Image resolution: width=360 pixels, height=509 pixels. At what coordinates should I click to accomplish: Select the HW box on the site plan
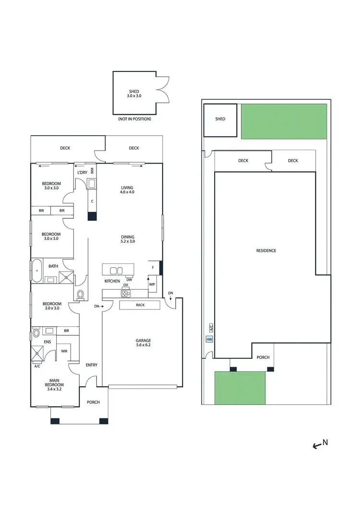[x=209, y=340]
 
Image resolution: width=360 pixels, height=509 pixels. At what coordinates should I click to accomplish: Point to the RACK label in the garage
[x=140, y=305]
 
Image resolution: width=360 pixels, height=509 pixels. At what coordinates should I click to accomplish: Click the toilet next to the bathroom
[x=80, y=294]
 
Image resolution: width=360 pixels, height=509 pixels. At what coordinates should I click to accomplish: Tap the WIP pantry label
[x=152, y=284]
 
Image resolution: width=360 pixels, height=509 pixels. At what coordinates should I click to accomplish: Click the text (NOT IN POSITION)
[x=134, y=119]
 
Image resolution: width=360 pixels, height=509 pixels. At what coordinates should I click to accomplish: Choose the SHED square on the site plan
[x=220, y=119]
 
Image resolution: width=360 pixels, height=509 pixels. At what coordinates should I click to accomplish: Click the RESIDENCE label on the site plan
[x=266, y=251]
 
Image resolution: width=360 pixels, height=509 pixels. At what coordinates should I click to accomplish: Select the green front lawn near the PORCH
[x=240, y=387]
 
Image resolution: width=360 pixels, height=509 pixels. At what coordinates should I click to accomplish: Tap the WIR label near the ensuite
[x=64, y=352]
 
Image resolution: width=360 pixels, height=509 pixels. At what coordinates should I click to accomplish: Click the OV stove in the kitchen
[x=126, y=291]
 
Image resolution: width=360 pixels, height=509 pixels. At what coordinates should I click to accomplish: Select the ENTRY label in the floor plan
[x=91, y=365]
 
